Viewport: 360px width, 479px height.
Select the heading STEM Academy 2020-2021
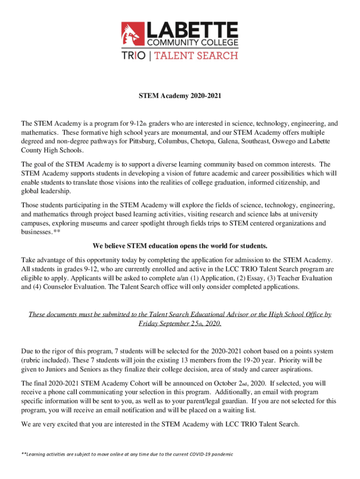180,97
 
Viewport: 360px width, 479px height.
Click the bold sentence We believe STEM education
180,246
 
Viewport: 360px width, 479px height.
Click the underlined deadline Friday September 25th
180,324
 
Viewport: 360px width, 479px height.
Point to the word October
227,383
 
